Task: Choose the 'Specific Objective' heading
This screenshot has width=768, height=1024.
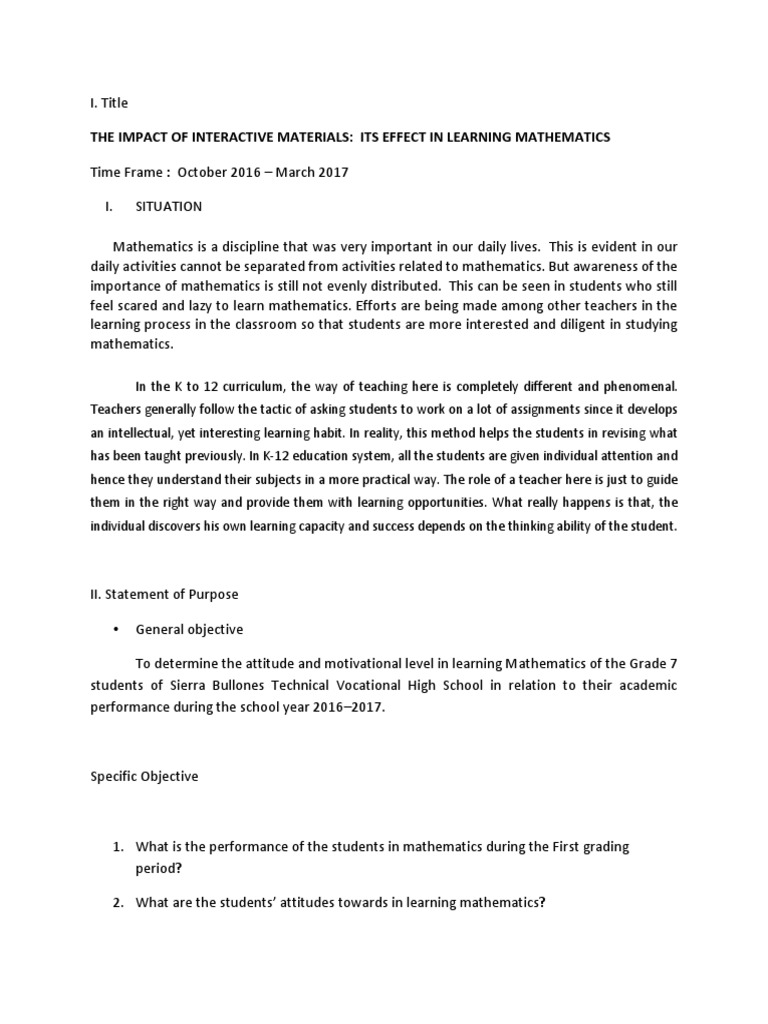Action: click(x=144, y=777)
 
